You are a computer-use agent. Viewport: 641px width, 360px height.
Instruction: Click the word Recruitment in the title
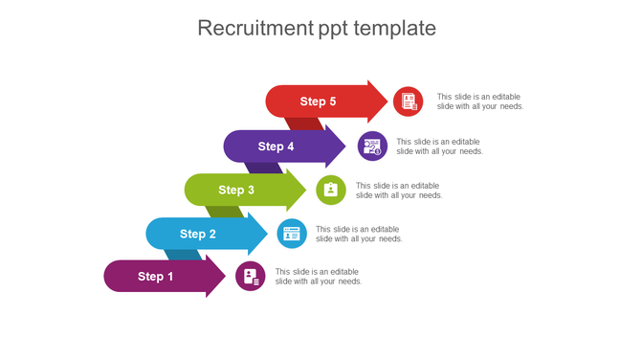pyautogui.click(x=254, y=28)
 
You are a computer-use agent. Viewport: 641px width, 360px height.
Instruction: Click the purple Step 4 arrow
pyautogui.click(x=282, y=146)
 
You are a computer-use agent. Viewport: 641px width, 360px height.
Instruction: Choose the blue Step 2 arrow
pyautogui.click(x=203, y=234)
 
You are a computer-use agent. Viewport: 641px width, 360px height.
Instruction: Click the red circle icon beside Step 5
pyautogui.click(x=408, y=101)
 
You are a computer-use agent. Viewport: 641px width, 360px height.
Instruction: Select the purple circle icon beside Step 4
pyautogui.click(x=372, y=146)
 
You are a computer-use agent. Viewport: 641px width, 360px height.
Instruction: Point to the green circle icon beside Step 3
pyautogui.click(x=331, y=190)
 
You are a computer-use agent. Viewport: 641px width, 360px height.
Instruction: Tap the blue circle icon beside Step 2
pyautogui.click(x=292, y=234)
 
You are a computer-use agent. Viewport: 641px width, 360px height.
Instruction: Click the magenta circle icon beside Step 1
pyautogui.click(x=251, y=277)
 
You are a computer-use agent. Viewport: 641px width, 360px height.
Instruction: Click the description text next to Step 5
pyautogui.click(x=480, y=101)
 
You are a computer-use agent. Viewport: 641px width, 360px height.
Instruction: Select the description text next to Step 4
pyautogui.click(x=439, y=146)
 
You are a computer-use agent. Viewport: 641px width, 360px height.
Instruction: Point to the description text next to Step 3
pyautogui.click(x=399, y=190)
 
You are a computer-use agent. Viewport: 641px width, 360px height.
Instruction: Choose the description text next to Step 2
pyautogui.click(x=359, y=234)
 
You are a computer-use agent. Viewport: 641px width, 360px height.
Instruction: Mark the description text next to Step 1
pyautogui.click(x=319, y=277)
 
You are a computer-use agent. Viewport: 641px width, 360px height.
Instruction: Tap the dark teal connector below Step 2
pyautogui.click(x=182, y=256)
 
